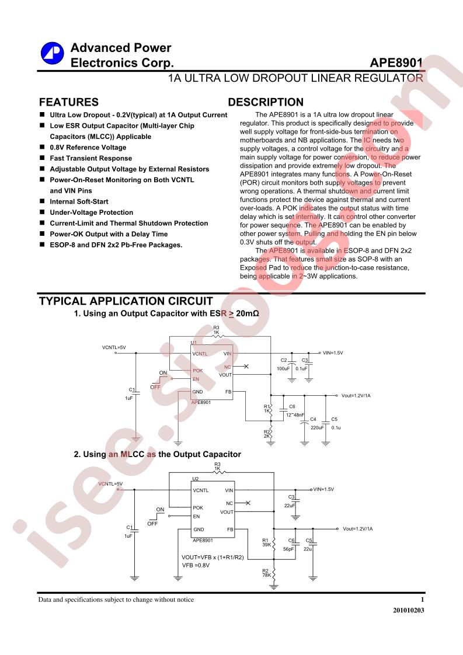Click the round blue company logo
tap(52, 53)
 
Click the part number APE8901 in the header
tap(396, 62)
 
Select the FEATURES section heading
tap(69, 102)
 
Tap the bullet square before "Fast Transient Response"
tap(42, 158)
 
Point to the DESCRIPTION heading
tap(266, 102)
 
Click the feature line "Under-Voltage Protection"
tap(92, 212)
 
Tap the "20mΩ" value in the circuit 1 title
tap(248, 313)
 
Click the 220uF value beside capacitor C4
tap(317, 428)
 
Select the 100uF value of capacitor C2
tap(283, 368)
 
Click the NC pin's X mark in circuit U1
tap(246, 367)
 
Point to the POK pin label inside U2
tap(198, 507)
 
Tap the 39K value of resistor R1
tap(266, 545)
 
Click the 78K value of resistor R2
tap(266, 575)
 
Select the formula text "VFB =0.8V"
tap(196, 565)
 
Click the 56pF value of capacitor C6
tap(288, 549)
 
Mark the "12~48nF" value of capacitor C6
tap(295, 415)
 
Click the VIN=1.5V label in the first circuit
tap(333, 353)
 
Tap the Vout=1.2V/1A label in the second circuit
tap(358, 529)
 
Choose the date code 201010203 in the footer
tap(408, 610)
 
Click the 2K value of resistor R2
tap(266, 436)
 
